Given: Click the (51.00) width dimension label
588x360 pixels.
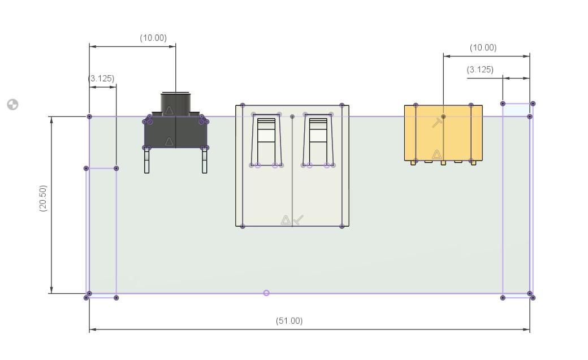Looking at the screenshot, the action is click(x=289, y=321).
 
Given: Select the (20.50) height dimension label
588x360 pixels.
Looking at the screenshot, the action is click(x=43, y=198).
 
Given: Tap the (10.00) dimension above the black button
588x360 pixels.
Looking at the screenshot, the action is click(x=153, y=38).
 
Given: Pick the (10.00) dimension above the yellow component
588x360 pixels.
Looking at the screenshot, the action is click(x=483, y=47).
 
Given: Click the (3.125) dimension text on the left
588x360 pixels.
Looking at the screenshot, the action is click(x=101, y=79).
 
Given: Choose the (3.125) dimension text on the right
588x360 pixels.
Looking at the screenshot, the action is click(x=480, y=70).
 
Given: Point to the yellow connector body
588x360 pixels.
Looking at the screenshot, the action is click(x=443, y=133).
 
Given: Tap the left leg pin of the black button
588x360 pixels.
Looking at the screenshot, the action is click(x=146, y=160).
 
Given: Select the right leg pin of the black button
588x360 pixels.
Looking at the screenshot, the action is click(x=204, y=160).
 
